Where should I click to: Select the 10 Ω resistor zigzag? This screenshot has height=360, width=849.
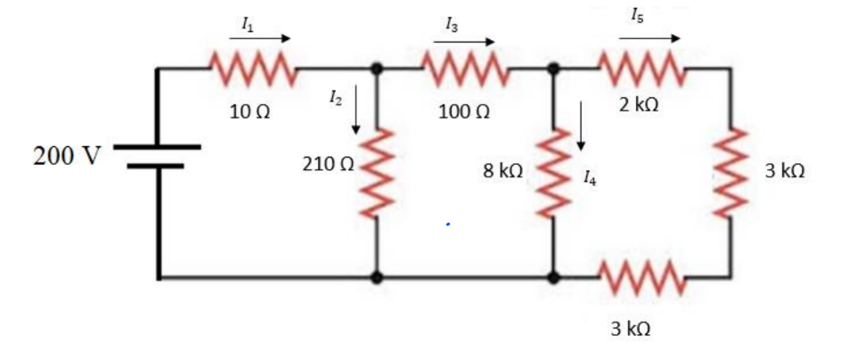coord(249,68)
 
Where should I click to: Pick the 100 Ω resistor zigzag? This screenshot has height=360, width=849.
coord(464,68)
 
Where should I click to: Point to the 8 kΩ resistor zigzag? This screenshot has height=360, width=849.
coord(553,171)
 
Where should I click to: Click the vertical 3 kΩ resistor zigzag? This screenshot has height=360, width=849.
coord(731,171)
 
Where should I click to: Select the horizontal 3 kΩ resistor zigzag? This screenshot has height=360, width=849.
coord(641,277)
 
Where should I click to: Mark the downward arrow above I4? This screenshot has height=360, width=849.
coord(581,126)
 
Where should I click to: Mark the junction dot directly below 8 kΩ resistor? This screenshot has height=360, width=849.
coord(553,277)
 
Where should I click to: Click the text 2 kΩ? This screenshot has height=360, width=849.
coord(640,105)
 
